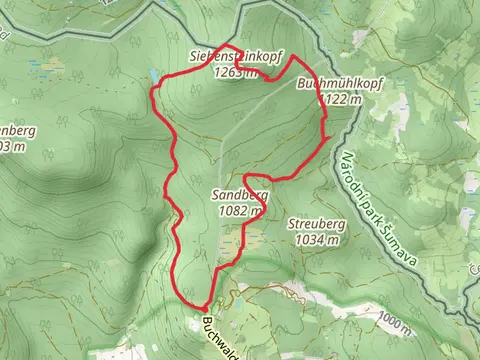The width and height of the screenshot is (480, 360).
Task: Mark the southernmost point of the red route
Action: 203,307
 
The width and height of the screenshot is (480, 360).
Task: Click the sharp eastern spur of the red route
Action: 328,136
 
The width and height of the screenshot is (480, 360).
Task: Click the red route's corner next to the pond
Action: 152,92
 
